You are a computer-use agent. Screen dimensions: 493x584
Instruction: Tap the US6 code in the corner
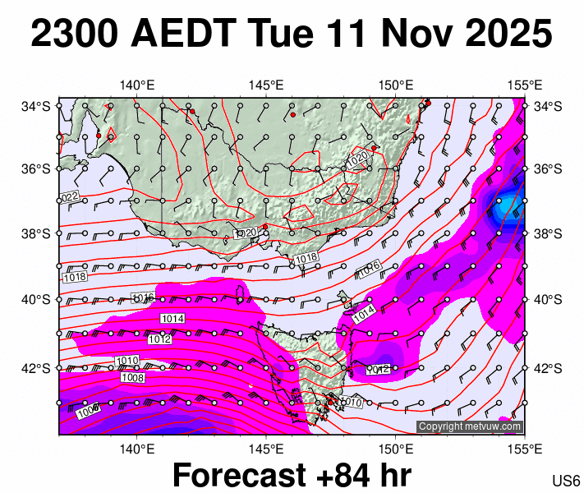[x=567, y=481]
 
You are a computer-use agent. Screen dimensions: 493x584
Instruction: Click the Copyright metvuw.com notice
[x=470, y=426]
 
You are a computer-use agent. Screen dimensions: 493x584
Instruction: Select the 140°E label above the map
[x=137, y=85]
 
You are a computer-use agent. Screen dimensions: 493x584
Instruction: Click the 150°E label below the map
[x=395, y=449]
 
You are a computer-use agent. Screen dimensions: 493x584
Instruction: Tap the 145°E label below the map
[x=266, y=449]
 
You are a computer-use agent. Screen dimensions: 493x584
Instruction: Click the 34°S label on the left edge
[x=37, y=106]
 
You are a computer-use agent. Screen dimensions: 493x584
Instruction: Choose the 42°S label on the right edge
[x=548, y=367]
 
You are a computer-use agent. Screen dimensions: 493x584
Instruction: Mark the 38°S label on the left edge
[x=37, y=234]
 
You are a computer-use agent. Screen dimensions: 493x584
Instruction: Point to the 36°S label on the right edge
[x=548, y=169]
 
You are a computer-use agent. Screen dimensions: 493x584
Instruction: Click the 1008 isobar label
[x=132, y=377]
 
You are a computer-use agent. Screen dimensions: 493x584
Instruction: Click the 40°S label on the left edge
[x=37, y=299]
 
